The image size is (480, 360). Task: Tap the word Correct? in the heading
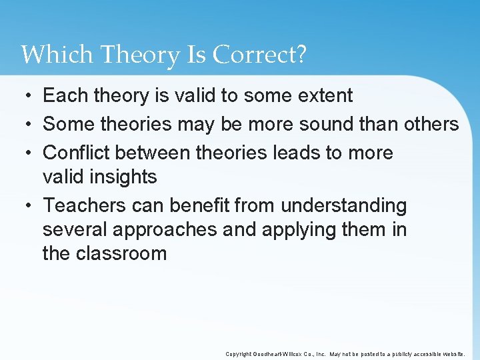coord(259,55)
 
